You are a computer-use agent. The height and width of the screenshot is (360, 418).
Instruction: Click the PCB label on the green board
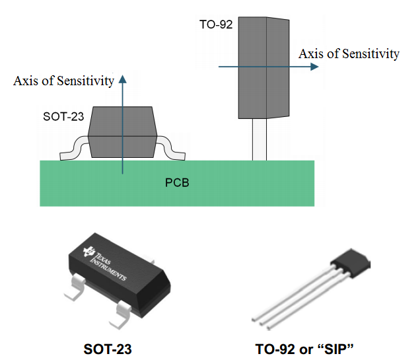point(176,182)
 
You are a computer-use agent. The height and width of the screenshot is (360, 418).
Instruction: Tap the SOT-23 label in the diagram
point(63,116)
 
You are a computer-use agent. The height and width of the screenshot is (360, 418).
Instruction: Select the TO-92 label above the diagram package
point(215,24)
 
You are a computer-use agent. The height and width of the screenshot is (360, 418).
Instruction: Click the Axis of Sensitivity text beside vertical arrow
point(63,81)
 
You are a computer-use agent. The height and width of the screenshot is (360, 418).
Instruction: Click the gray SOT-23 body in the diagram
point(122,132)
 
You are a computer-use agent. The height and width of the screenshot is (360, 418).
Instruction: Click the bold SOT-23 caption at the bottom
point(108,349)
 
